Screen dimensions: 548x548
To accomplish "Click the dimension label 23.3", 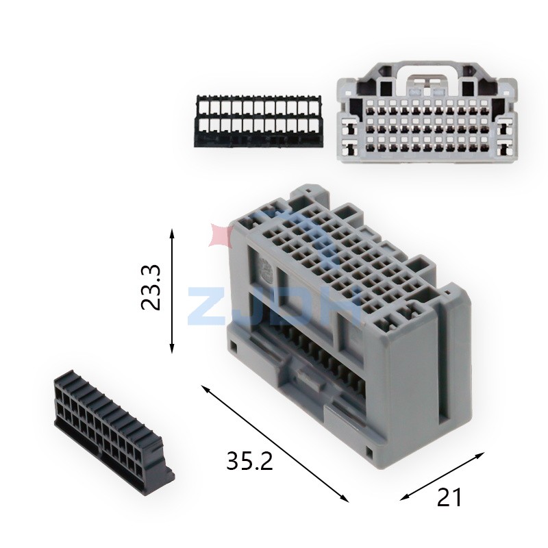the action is [x=151, y=287].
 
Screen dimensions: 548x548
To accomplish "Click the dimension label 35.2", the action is [x=249, y=460].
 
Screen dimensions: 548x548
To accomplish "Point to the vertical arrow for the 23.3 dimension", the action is [x=172, y=291].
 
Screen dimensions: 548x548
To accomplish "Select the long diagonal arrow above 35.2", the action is [x=275, y=443].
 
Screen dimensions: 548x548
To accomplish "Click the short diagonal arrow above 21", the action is [x=442, y=476].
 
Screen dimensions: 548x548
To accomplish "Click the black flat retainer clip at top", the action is [x=259, y=121].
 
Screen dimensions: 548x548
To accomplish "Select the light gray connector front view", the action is [x=427, y=112].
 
